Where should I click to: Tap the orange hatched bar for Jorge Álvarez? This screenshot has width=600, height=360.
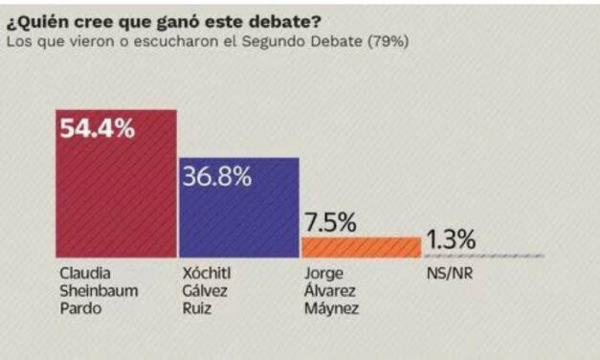click(x=361, y=247)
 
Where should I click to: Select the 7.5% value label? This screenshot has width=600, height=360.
click(x=330, y=222)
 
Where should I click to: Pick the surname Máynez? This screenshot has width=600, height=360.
click(x=327, y=307)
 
